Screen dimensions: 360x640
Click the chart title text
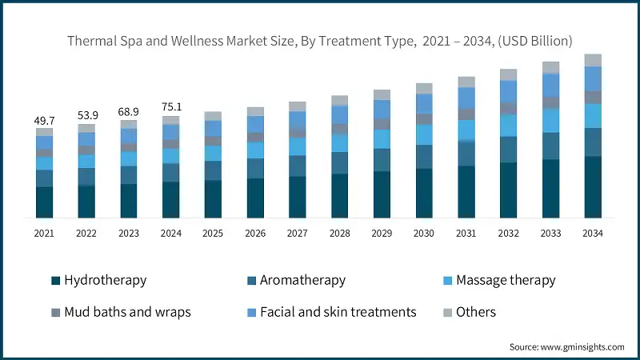pyautogui.click(x=320, y=40)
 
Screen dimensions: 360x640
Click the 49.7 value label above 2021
pyautogui.click(x=44, y=119)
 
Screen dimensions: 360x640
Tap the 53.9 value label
pyautogui.click(x=86, y=115)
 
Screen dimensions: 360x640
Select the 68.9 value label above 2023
pyautogui.click(x=129, y=111)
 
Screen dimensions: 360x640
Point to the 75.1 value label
pyautogui.click(x=171, y=107)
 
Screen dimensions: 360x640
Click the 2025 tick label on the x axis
pyautogui.click(x=213, y=233)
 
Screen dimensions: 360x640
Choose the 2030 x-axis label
pyautogui.click(x=424, y=233)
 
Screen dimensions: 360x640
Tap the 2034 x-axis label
pyautogui.click(x=593, y=233)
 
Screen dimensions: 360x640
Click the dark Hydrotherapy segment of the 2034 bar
pyautogui.click(x=593, y=187)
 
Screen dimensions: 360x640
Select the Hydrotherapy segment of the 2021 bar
pyautogui.click(x=44, y=202)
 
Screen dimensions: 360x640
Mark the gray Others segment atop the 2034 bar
pyautogui.click(x=593, y=60)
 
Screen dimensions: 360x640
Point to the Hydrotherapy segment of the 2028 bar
pyautogui.click(x=340, y=196)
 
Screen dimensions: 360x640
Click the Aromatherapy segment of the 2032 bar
pyautogui.click(x=509, y=150)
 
